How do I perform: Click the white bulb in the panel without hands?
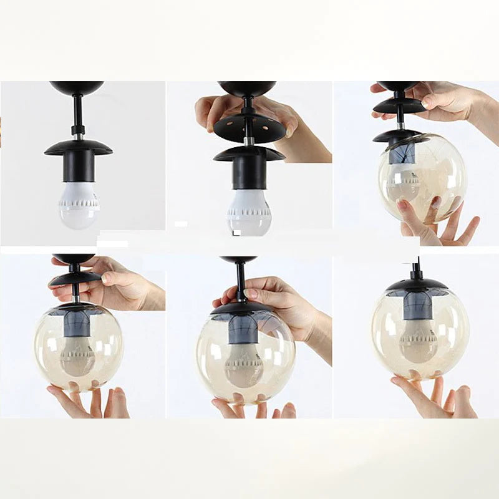(79, 205)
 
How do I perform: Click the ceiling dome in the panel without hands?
(77, 87)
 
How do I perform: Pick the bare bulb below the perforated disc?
(249, 212)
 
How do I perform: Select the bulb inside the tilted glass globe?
(405, 181)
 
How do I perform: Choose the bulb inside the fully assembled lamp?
(419, 341)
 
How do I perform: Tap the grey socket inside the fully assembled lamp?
(417, 306)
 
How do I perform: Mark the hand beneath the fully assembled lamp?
(437, 396)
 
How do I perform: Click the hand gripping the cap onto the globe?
(281, 306)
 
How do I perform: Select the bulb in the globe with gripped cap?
(244, 365)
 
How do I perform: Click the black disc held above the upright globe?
(75, 278)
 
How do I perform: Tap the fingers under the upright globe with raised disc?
(87, 402)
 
